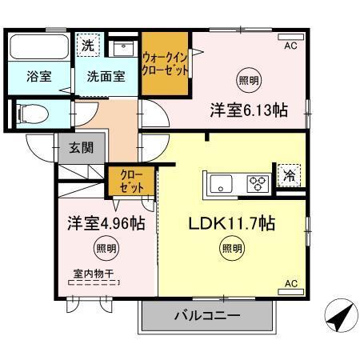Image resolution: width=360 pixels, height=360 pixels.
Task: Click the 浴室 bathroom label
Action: click(38, 77)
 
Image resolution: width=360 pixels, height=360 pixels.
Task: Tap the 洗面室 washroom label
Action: click(106, 77)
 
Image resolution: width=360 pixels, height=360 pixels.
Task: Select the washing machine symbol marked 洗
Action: click(88, 46)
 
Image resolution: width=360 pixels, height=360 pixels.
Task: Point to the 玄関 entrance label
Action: click(80, 147)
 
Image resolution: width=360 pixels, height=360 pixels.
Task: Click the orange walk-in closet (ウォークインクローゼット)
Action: click(166, 63)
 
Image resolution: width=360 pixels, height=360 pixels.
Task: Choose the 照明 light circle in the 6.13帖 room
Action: click(248, 80)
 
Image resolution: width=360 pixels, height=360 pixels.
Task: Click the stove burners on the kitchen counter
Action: click(258, 183)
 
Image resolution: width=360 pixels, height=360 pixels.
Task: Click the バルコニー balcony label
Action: click(207, 316)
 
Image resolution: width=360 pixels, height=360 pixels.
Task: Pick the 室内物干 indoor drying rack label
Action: click(94, 273)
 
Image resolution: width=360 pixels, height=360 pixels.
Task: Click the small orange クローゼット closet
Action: click(130, 181)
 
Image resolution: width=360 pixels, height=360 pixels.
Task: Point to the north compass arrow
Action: click(339, 318)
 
